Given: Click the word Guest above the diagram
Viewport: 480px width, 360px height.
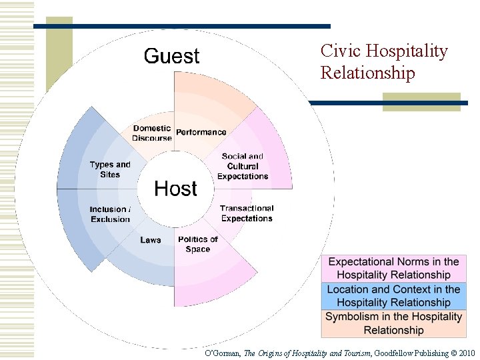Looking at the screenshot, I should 171,56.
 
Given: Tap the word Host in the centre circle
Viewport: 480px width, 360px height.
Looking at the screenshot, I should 176,189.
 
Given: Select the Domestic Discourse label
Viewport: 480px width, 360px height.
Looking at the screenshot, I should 152,133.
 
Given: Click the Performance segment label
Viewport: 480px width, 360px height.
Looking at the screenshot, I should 201,132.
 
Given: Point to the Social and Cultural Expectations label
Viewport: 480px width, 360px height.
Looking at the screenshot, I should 243,167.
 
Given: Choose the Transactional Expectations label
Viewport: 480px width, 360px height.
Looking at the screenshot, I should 247,213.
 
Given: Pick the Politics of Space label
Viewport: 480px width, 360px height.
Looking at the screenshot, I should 198,244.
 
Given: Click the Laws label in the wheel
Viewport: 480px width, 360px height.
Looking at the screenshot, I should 151,240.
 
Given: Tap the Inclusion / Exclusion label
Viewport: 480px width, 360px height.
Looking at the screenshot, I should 111,214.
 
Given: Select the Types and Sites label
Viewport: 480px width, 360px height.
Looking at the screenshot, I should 110,169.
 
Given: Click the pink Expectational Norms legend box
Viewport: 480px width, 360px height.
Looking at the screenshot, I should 393,268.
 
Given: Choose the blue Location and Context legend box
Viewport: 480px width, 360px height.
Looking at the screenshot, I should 393,296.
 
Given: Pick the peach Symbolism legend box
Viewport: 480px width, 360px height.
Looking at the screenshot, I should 393,323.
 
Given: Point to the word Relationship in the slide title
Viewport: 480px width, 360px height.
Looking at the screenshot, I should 367,73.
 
